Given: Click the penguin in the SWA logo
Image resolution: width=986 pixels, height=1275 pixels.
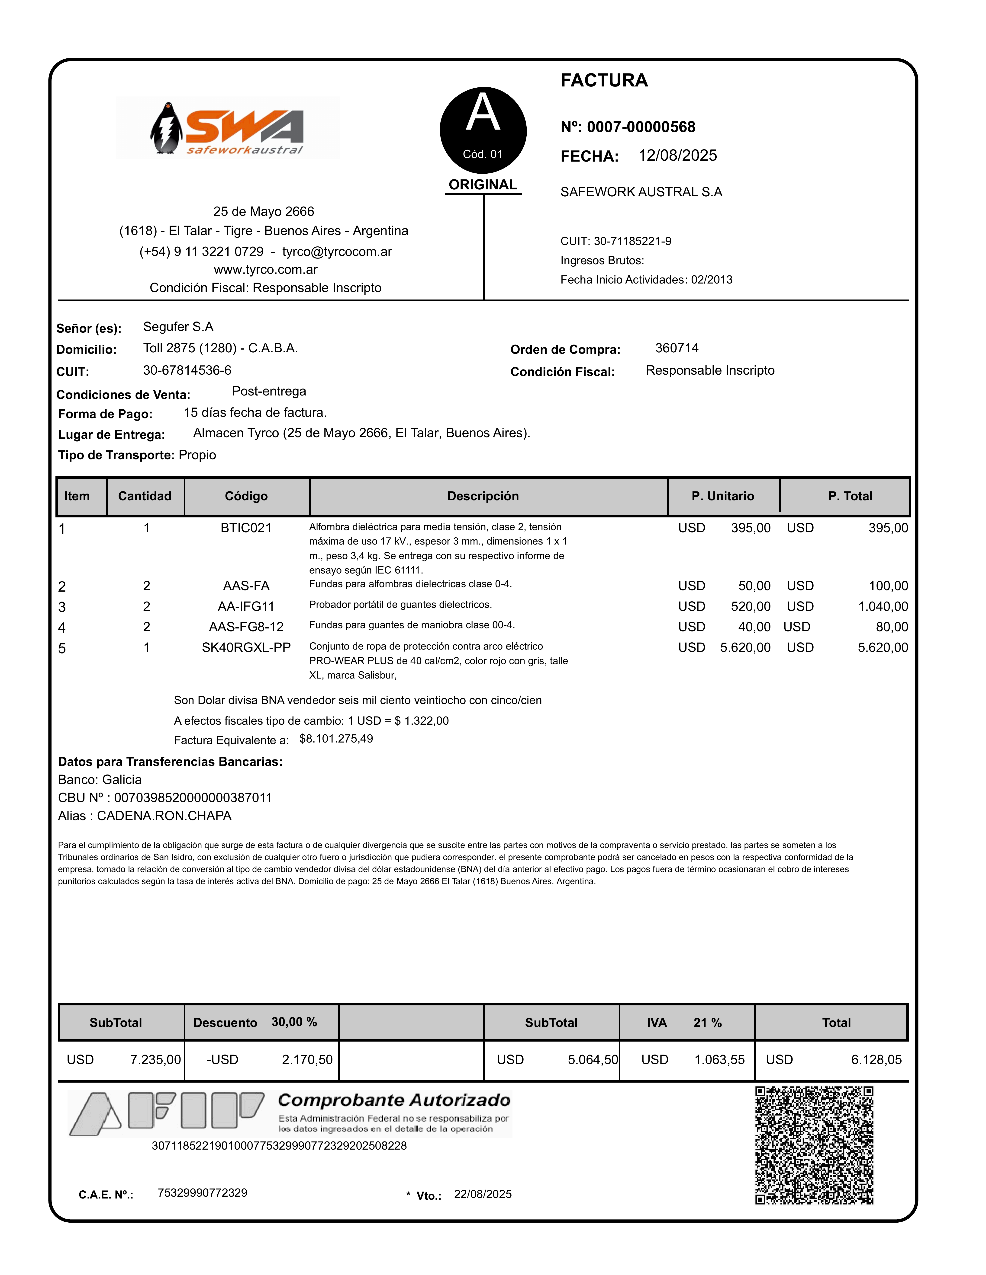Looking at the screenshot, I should [x=166, y=128].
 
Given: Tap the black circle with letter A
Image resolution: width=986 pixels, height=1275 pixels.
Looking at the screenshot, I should [x=483, y=130].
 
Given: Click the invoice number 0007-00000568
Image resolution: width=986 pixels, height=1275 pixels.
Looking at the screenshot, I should [x=641, y=127].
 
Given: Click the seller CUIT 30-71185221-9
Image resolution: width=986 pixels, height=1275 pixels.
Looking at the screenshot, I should [x=633, y=241].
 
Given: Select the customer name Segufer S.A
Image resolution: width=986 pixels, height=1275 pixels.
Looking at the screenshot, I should [x=178, y=327].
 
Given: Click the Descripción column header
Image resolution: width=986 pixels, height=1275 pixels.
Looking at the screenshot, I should [x=483, y=496].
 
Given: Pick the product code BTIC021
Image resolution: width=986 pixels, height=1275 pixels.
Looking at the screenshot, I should [x=246, y=528].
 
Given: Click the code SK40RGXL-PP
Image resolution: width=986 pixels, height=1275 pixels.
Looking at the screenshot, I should [x=246, y=647].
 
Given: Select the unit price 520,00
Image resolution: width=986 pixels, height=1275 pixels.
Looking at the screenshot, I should [x=751, y=607].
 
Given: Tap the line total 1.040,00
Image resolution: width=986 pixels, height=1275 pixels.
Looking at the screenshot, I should [x=883, y=607].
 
